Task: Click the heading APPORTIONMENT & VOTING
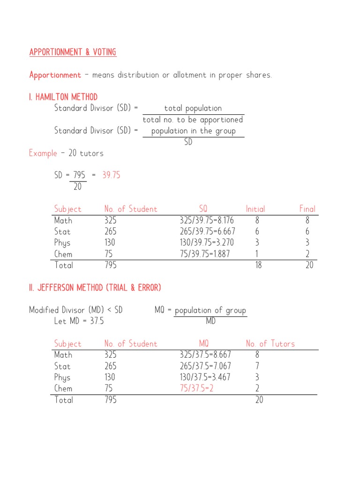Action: tap(73, 52)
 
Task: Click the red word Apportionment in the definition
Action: tap(55, 75)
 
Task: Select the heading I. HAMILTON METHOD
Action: tap(63, 97)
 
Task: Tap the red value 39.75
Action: tap(111, 175)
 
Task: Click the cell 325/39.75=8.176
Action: tap(207, 220)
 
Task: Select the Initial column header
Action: tap(255, 209)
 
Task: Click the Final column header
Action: tap(307, 209)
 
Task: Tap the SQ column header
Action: tap(203, 209)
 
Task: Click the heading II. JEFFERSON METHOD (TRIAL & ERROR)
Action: tap(95, 288)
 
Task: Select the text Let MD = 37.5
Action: tap(79, 322)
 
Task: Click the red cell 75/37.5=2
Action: tap(196, 389)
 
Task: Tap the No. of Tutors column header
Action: tap(270, 344)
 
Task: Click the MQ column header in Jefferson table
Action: tap(203, 344)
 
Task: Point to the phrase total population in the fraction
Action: tap(193, 109)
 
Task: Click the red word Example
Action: tap(43, 153)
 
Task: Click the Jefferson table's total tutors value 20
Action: tap(259, 400)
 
